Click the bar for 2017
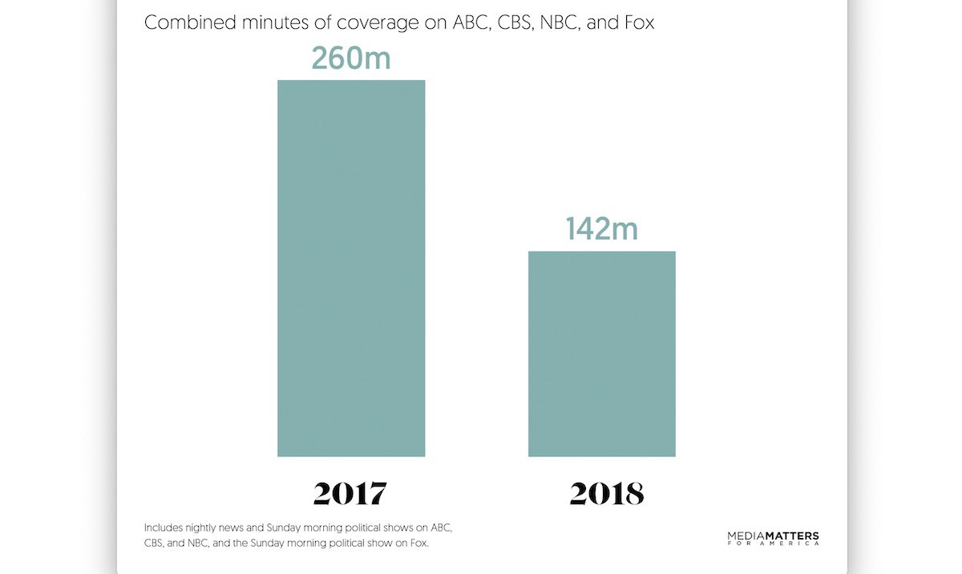[351, 269]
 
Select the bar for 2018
[601, 354]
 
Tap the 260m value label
[351, 58]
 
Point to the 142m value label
[601, 229]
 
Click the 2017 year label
[350, 493]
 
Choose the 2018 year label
[606, 493]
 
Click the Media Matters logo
[773, 536]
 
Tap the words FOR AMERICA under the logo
[773, 544]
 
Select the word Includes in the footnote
[163, 528]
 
